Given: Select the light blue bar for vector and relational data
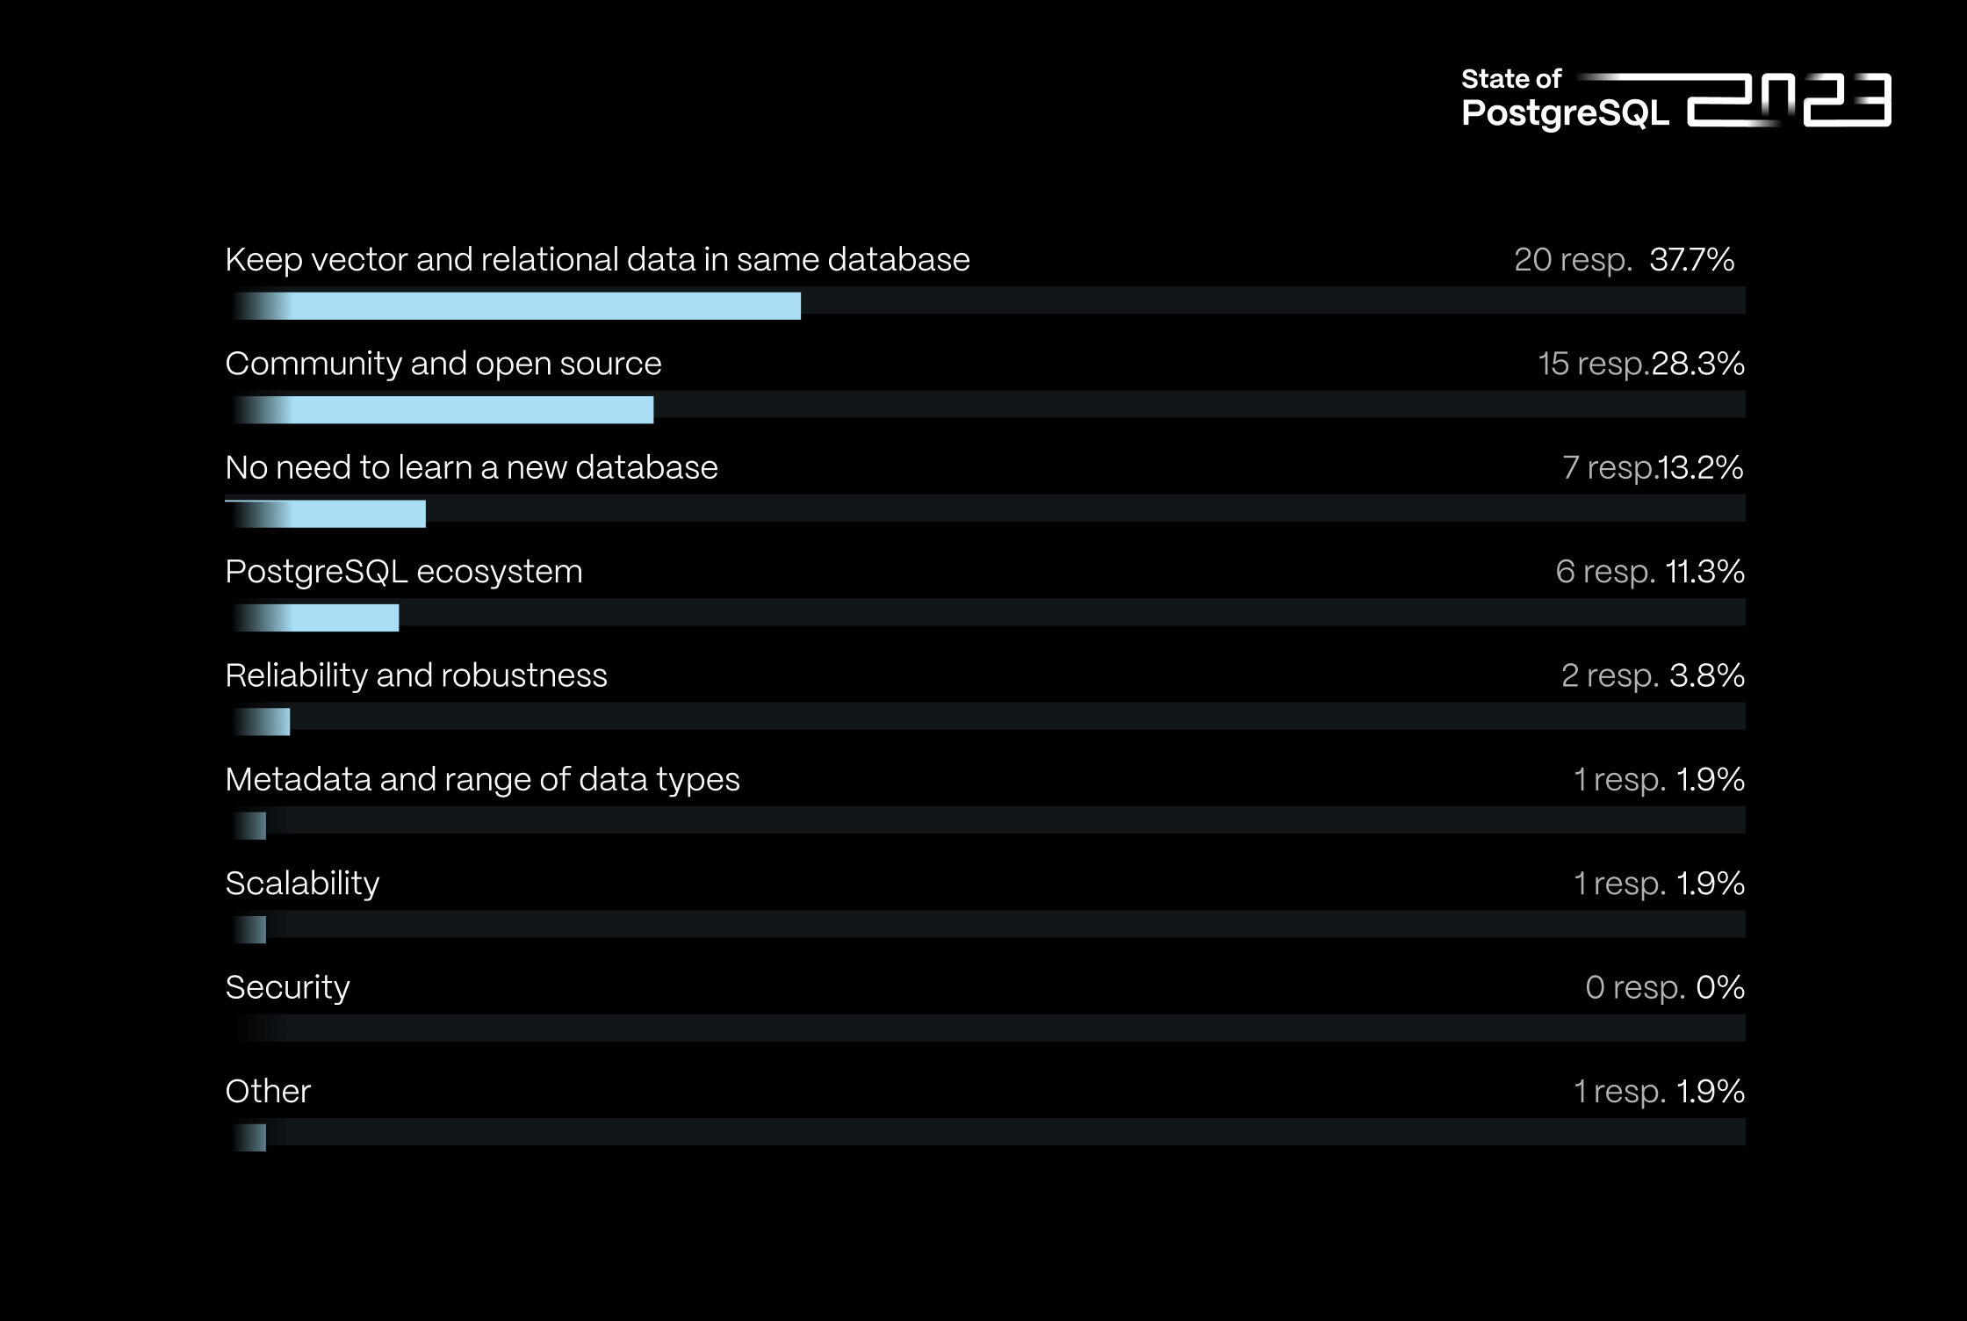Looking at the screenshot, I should [x=544, y=306].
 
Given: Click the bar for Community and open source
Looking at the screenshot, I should [x=470, y=410].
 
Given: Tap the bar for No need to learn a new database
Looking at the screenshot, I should [x=356, y=514].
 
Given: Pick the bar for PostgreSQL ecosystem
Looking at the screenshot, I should [x=342, y=617].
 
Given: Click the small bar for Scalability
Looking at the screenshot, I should [x=253, y=929].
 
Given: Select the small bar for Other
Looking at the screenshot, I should [x=253, y=1137].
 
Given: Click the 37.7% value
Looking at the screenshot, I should [x=1691, y=260].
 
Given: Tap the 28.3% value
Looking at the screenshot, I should [x=1697, y=364].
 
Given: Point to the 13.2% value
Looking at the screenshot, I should [x=1700, y=467].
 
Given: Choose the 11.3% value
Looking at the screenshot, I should [x=1704, y=572].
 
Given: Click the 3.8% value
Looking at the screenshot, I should [x=1706, y=675].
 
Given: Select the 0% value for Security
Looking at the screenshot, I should [x=1719, y=987].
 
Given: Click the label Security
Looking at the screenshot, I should [x=287, y=987].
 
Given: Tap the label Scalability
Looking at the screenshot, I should [x=302, y=884].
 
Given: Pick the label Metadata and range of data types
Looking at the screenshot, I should [x=482, y=780].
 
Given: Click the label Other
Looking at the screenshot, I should [x=268, y=1091].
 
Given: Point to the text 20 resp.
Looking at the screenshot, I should [x=1572, y=260].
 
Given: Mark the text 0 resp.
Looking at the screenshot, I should [x=1634, y=987].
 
